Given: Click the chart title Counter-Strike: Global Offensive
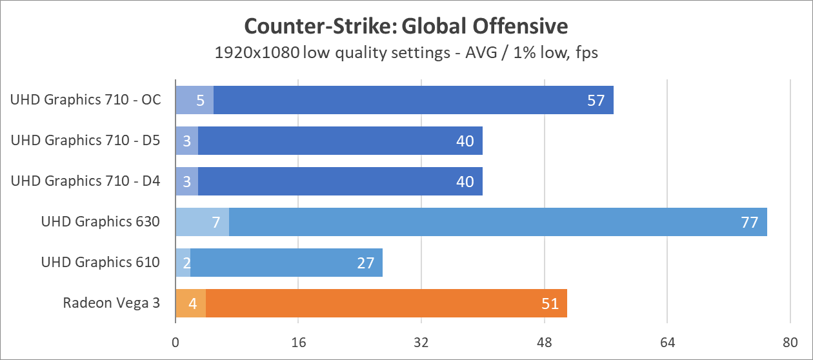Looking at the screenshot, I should tap(406, 26).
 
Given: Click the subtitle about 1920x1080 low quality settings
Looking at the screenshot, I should tap(406, 53).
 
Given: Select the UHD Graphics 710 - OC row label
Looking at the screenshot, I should tap(85, 100).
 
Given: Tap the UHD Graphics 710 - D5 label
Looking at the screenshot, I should tap(85, 141).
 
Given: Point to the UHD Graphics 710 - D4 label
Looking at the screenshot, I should tap(85, 181).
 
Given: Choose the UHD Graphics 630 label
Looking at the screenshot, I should tap(100, 222).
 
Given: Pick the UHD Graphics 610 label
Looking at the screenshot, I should tap(100, 263).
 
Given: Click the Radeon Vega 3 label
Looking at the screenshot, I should tap(111, 303).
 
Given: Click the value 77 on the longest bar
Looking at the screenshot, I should tap(749, 223).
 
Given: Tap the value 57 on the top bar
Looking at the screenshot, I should tap(596, 101).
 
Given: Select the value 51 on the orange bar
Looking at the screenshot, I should tap(549, 304).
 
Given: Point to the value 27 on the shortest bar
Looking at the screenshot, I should tap(365, 263).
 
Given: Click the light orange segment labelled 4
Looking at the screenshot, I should tap(191, 304).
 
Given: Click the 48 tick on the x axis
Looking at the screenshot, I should tap(545, 342).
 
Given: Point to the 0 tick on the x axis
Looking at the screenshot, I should tap(176, 342).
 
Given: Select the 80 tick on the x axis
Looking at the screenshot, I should tap(790, 342).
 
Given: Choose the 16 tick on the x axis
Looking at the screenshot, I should tap(298, 342).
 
